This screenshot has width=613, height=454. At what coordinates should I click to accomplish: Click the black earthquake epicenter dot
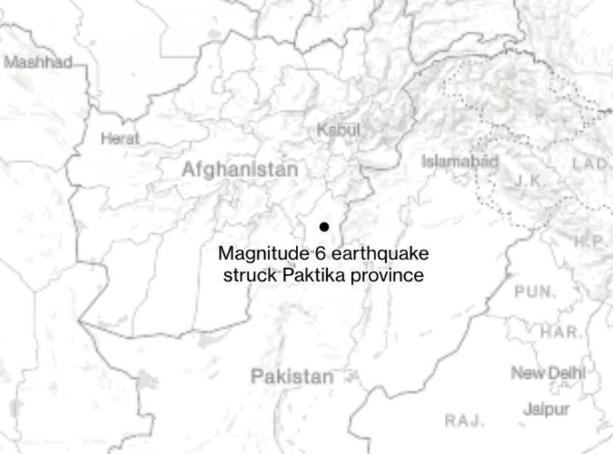(324, 226)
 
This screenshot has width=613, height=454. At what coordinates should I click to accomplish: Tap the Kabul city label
(338, 129)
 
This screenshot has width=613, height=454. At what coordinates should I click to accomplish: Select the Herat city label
(120, 138)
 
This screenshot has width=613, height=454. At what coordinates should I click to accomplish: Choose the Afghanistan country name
(239, 169)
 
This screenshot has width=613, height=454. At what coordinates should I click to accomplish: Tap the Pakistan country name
(292, 376)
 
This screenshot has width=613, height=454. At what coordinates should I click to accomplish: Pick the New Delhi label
(548, 372)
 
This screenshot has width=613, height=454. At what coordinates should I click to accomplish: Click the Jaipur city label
(546, 409)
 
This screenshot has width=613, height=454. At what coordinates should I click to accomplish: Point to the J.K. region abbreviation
(531, 180)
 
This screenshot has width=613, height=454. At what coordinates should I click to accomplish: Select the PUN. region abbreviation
(535, 291)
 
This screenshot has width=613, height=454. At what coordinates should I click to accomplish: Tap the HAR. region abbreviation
(561, 331)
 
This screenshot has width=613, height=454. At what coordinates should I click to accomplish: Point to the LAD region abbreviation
(590, 163)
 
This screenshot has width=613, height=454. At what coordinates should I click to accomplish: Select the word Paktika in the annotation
(316, 275)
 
